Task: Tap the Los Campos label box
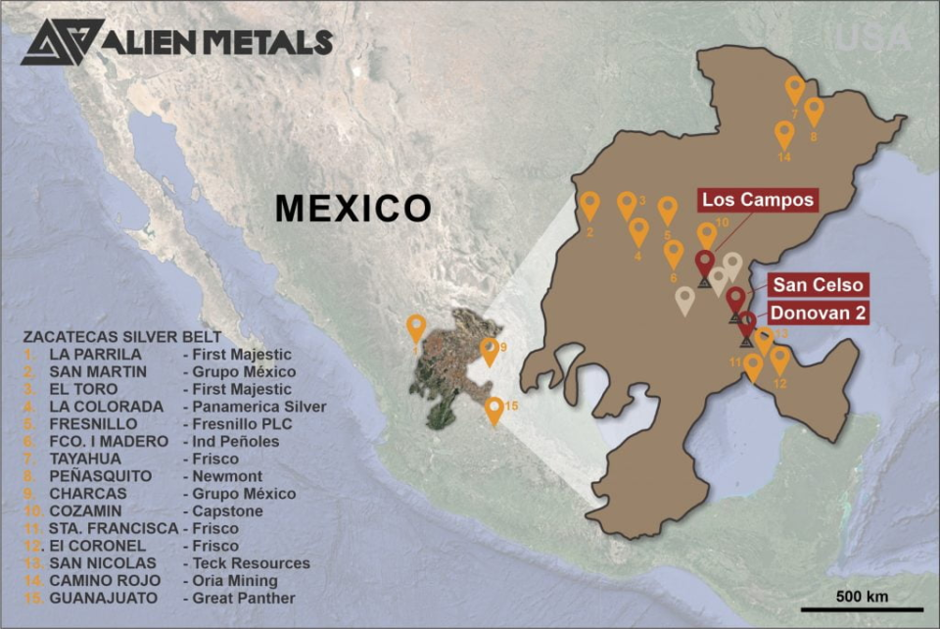pyautogui.click(x=758, y=200)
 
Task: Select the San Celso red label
pyautogui.click(x=818, y=285)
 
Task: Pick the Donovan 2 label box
pyautogui.click(x=818, y=314)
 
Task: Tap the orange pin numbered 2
pyautogui.click(x=589, y=205)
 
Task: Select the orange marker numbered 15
pyautogui.click(x=494, y=410)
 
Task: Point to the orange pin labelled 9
pyautogui.click(x=489, y=351)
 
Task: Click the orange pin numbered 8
pyautogui.click(x=814, y=111)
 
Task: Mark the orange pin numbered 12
pyautogui.click(x=779, y=360)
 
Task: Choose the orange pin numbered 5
pyautogui.click(x=668, y=210)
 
